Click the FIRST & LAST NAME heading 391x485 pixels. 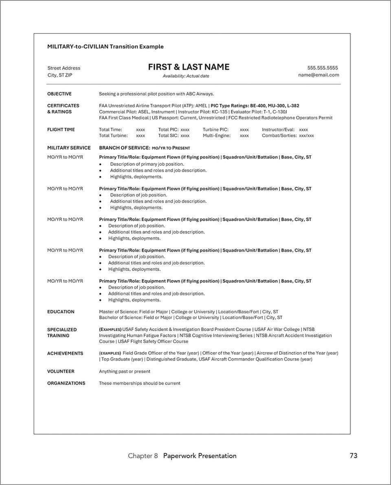pos(189,67)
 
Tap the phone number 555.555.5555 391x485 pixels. pos(322,68)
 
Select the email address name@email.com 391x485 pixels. pos(318,75)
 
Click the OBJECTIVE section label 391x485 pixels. pos(59,94)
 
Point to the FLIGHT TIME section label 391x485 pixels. pos(61,129)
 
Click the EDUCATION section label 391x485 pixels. pos(61,312)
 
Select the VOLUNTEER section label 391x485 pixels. pos(61,371)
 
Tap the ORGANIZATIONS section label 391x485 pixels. pos(66,383)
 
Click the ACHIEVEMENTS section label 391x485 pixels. pos(65,353)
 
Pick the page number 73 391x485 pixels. pos(353,456)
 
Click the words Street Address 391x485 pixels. pos(64,68)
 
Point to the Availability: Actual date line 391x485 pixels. pos(186,76)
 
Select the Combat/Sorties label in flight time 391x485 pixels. pos(279,135)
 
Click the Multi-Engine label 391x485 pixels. pos(217,135)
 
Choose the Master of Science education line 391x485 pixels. pos(189,312)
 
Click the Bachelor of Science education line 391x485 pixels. pos(191,317)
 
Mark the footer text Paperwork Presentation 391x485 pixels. pos(200,456)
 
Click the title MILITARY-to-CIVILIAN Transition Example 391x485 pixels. pos(105,46)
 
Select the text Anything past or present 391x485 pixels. pos(125,371)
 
